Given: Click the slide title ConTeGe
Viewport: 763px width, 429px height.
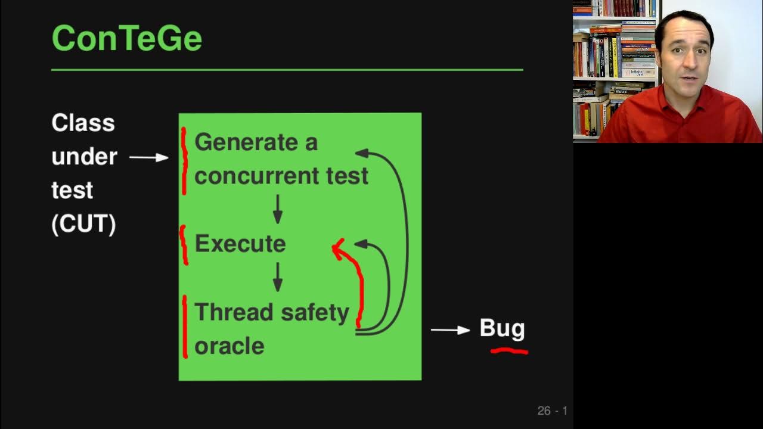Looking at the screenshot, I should (126, 38).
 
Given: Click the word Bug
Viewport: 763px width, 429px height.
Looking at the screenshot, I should (502, 328).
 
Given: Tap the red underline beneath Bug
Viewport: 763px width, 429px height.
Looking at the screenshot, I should (509, 352).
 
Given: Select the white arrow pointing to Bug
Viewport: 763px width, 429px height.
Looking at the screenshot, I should (450, 329).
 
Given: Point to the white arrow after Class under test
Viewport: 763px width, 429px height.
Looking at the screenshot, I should (149, 157).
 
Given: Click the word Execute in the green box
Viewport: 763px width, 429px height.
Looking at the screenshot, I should (240, 244).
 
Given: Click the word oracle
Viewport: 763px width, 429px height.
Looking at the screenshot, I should (229, 346).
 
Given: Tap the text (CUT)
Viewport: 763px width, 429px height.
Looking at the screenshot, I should (83, 224).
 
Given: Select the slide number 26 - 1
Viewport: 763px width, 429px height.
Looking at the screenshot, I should (552, 411).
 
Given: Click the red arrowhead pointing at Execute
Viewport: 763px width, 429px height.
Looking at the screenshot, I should (337, 247).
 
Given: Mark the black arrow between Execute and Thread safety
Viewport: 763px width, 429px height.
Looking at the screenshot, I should (277, 277).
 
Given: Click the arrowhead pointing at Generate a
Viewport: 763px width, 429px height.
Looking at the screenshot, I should (362, 153).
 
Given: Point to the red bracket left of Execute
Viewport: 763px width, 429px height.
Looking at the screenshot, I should (184, 245).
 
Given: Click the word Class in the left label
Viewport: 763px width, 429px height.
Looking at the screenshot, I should (83, 123).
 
